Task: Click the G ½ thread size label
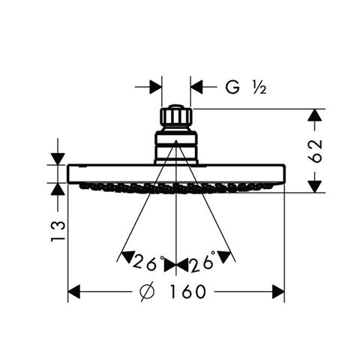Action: point(246,88)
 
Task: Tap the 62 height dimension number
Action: point(315,151)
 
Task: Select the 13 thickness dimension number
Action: point(58,231)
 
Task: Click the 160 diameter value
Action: point(187,292)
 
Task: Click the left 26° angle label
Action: point(148,262)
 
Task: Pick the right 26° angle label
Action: point(202,262)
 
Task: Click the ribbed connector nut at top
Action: point(176,115)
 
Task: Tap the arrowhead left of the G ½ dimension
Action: point(155,87)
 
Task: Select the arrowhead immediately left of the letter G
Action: point(196,87)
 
